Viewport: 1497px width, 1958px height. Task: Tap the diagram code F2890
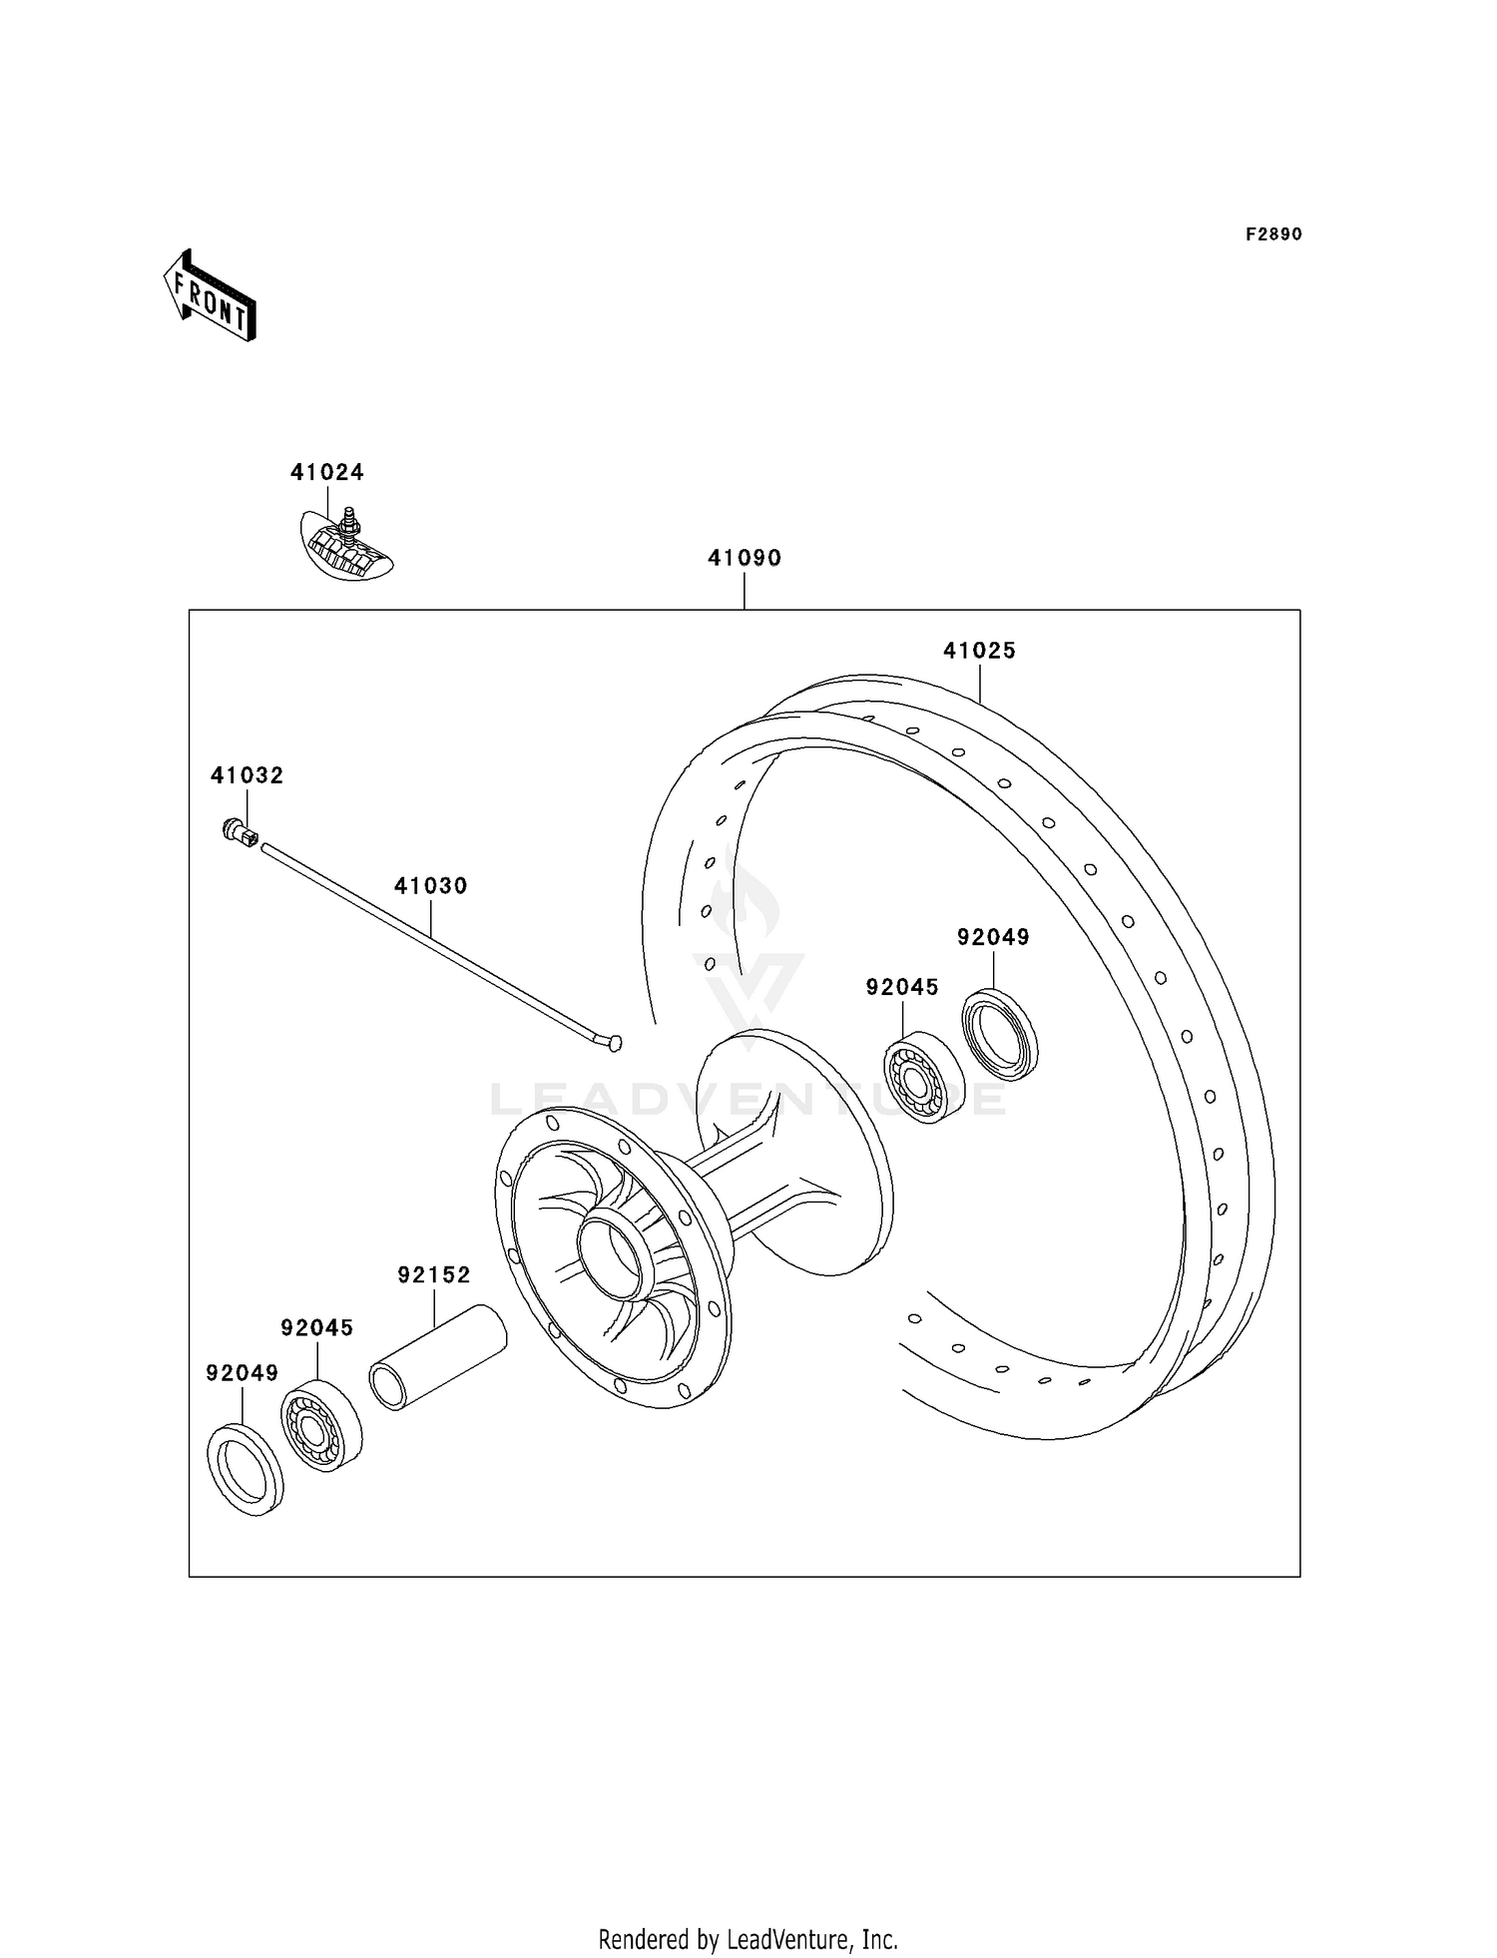pyautogui.click(x=1272, y=235)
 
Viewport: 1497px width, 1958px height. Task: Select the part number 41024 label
pyautogui.click(x=326, y=472)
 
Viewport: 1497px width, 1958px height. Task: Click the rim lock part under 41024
pyautogui.click(x=346, y=547)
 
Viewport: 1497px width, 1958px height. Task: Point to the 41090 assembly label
pyautogui.click(x=745, y=558)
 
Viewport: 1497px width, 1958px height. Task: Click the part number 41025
pyautogui.click(x=979, y=651)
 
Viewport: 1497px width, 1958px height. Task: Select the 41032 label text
pyautogui.click(x=247, y=775)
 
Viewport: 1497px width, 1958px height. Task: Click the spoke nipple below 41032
pyautogui.click(x=241, y=831)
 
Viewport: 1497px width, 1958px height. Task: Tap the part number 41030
pyautogui.click(x=430, y=885)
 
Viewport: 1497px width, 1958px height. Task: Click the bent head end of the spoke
pyautogui.click(x=608, y=1043)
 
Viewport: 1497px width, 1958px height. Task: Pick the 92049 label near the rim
pyautogui.click(x=993, y=937)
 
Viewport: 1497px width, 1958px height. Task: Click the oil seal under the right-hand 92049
pyautogui.click(x=1000, y=1034)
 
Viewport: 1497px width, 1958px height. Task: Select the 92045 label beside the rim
pyautogui.click(x=902, y=987)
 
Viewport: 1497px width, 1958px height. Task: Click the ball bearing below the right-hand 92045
pyautogui.click(x=924, y=1078)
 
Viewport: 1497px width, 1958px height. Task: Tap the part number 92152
pyautogui.click(x=433, y=1274)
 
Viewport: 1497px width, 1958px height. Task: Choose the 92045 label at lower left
pyautogui.click(x=316, y=1327)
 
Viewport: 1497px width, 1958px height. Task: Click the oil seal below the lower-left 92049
pyautogui.click(x=245, y=1470)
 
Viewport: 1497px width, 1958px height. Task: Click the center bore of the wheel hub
pyautogui.click(x=616, y=1255)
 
